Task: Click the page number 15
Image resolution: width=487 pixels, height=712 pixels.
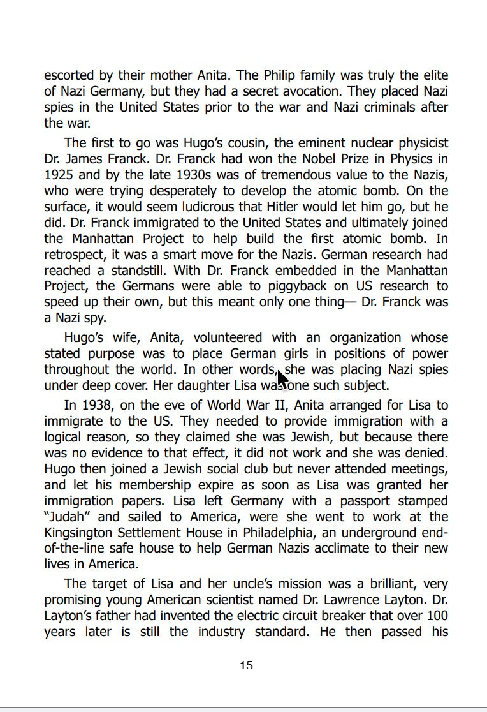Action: click(x=246, y=665)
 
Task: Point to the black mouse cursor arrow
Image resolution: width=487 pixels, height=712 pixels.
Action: click(x=282, y=380)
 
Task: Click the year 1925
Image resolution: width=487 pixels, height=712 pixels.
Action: click(x=59, y=175)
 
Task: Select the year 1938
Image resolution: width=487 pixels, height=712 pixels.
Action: click(x=100, y=405)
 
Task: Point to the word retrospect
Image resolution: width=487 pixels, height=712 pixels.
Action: click(x=75, y=255)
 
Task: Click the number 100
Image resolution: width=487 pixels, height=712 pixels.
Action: click(x=437, y=616)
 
